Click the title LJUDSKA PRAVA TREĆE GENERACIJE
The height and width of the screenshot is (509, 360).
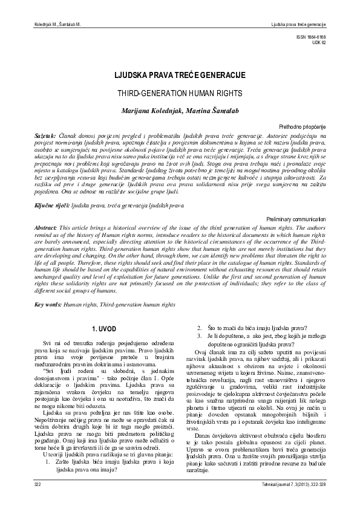coord(179,77)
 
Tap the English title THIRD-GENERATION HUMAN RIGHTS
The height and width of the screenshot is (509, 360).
coord(179,96)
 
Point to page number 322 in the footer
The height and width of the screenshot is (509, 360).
coord(37,485)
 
